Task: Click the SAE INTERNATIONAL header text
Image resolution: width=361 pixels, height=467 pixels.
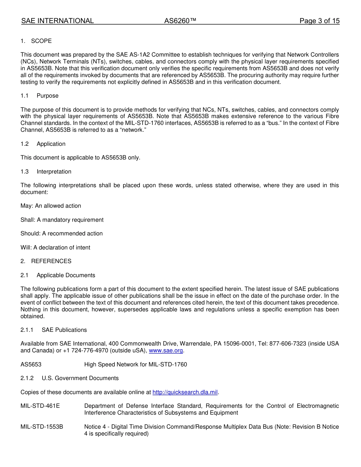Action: tap(57, 21)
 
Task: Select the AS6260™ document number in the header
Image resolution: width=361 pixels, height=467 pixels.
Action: tap(180, 21)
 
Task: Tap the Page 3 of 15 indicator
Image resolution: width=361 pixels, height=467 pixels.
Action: tap(319, 21)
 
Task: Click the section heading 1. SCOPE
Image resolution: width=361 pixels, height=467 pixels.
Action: tap(36, 41)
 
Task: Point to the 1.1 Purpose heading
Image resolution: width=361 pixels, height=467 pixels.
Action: tap(40, 96)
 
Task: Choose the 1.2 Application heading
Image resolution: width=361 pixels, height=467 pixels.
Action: tap(43, 144)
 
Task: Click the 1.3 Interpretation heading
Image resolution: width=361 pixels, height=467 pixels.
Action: tap(46, 172)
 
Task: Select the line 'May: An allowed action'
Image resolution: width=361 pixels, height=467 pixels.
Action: tap(51, 206)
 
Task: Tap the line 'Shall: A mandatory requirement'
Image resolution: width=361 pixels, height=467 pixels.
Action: tap(62, 220)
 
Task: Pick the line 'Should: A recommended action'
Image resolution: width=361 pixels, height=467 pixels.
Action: tap(62, 233)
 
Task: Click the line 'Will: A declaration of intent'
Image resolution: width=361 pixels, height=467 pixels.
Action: tap(55, 248)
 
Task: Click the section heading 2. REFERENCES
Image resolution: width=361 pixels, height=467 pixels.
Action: tap(46, 261)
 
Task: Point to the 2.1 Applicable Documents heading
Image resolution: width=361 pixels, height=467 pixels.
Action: tap(58, 275)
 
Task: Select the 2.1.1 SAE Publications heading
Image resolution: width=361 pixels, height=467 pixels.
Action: tap(54, 330)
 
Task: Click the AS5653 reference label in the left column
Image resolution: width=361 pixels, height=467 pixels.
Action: tap(31, 364)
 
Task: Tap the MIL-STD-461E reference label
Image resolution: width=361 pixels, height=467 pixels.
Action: tap(40, 406)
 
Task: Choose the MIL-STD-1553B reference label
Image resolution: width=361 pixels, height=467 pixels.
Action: tap(42, 427)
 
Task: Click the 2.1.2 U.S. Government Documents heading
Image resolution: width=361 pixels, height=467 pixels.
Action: tap(70, 378)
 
